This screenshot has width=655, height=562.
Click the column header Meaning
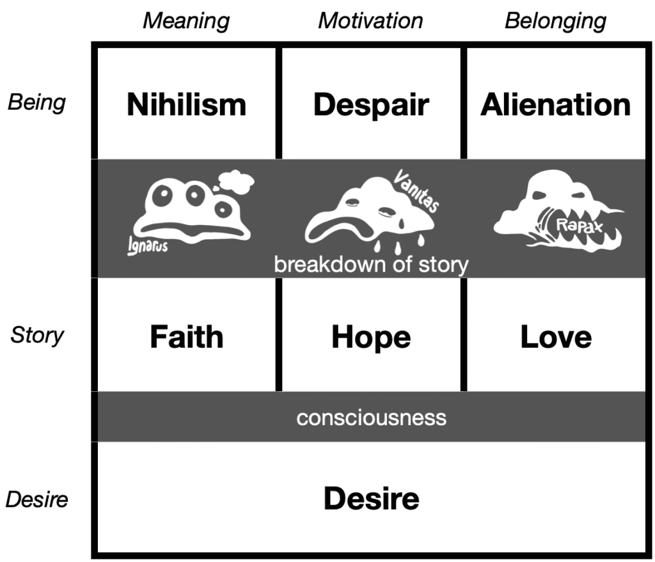point(186,21)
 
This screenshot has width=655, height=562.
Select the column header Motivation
point(370,20)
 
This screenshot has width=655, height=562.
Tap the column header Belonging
point(556,21)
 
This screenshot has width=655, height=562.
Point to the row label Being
point(36,103)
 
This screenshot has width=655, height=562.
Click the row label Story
point(37,335)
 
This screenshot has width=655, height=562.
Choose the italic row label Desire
point(36,499)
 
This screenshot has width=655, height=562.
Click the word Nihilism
point(186,104)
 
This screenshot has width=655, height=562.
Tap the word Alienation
point(556,104)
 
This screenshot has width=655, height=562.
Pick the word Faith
point(186,336)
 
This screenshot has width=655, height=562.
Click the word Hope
point(371,338)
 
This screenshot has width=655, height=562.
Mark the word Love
point(556,336)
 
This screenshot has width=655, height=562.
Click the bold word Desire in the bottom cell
point(372,499)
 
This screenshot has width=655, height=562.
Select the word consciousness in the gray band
point(372,418)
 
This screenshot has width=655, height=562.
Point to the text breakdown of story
point(371,265)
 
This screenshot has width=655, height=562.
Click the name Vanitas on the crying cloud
point(416,191)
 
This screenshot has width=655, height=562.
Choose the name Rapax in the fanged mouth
point(580,226)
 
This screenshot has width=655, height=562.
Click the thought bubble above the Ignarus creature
point(235,182)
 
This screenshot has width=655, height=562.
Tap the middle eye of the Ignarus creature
point(194,194)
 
